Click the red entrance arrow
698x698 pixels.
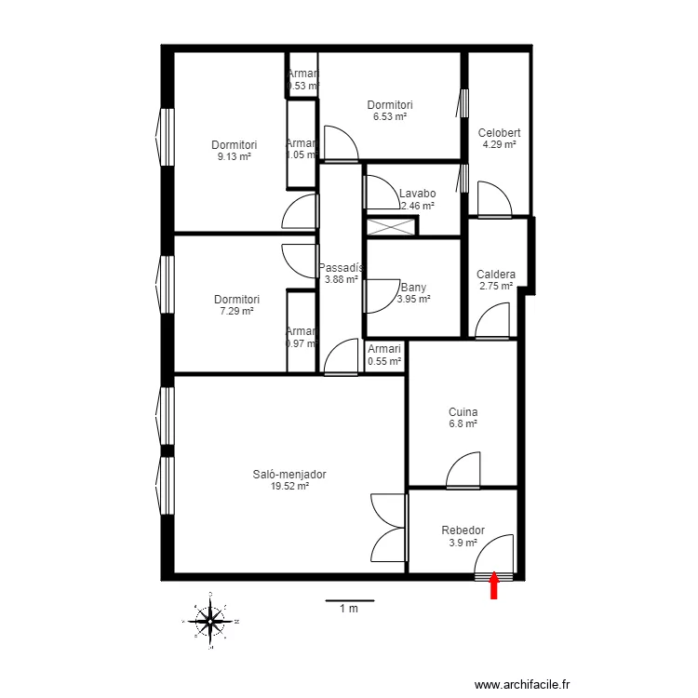coord(494,585)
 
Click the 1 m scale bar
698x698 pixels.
coord(349,602)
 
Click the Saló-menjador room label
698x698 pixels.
coord(289,474)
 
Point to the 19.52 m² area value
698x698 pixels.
coord(289,486)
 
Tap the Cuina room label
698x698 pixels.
coord(463,411)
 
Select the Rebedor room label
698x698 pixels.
coord(463,530)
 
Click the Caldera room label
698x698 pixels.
coord(495,275)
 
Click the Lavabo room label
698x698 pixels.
coord(417,194)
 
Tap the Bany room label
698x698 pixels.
coord(413,288)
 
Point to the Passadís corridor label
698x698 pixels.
coord(340,267)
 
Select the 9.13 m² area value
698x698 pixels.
coord(234,157)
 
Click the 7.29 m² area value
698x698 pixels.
coord(236,312)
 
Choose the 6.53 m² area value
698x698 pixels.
coord(389,117)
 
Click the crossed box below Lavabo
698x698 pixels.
coord(391,226)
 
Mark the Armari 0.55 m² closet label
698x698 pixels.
coord(384,355)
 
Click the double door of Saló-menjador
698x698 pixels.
coord(390,528)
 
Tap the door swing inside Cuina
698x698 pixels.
coord(463,471)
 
